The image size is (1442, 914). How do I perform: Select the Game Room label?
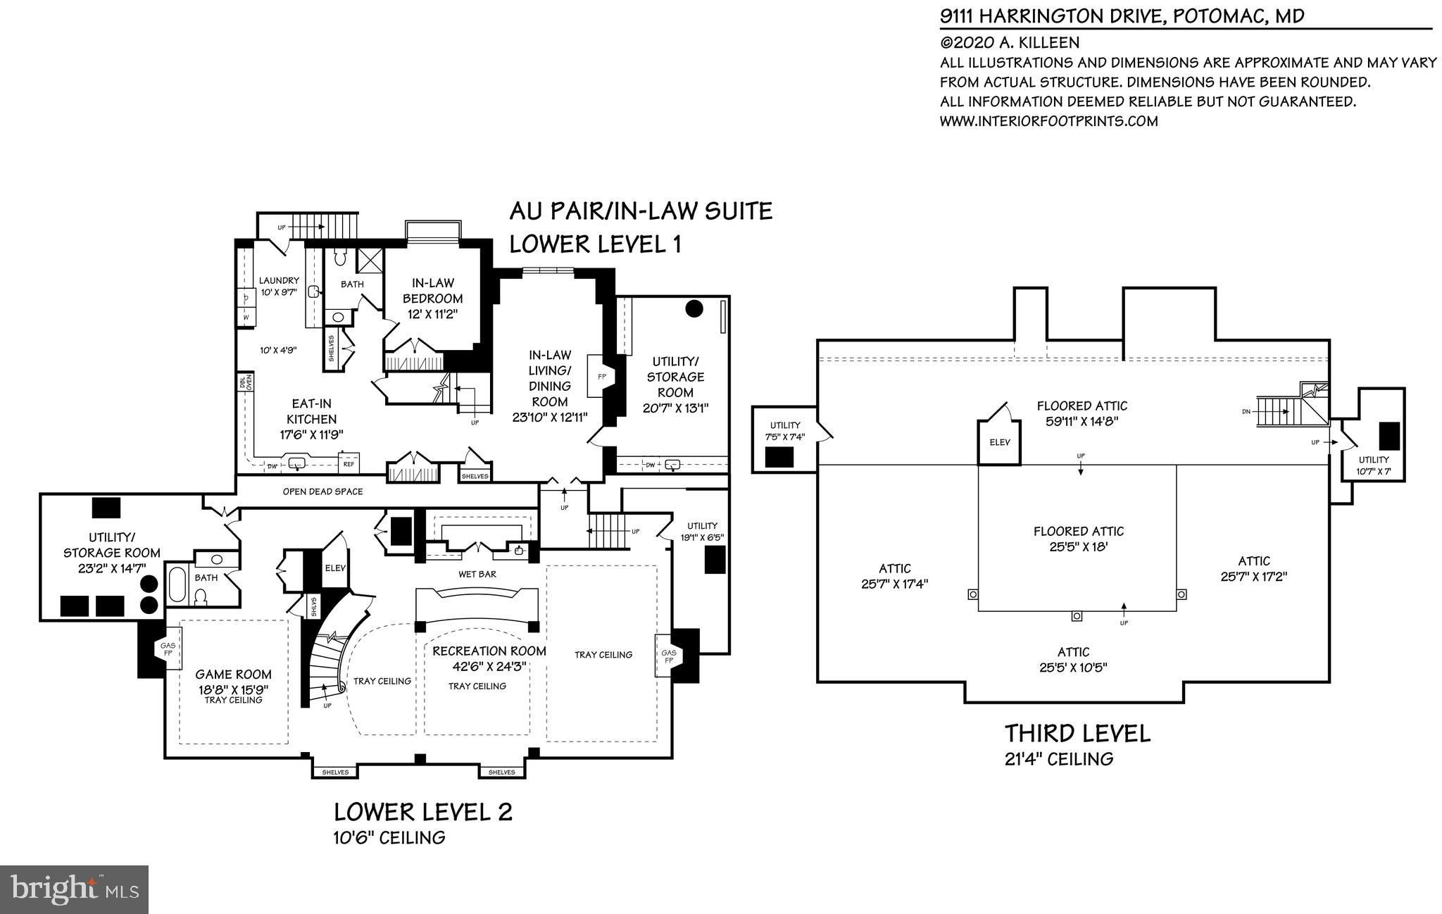[233, 675]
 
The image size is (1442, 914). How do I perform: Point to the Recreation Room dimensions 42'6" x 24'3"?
[489, 666]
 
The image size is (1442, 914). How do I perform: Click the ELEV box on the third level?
[999, 443]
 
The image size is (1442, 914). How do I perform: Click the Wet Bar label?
[477, 575]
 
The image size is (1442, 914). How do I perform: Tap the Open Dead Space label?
[322, 492]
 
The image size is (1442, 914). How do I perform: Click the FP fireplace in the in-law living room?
[602, 377]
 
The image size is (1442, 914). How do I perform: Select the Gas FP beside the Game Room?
[168, 649]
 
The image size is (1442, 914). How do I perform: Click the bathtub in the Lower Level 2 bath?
[177, 584]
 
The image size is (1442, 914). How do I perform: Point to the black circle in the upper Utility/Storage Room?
[694, 309]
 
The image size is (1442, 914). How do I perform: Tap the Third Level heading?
[1077, 734]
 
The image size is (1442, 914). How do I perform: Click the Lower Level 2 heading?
[422, 812]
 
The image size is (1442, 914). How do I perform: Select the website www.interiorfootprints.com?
[1048, 121]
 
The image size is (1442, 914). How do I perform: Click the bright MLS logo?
[75, 889]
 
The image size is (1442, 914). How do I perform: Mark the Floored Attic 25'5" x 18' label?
[1078, 539]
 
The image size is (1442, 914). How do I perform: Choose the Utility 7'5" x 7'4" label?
[785, 430]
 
